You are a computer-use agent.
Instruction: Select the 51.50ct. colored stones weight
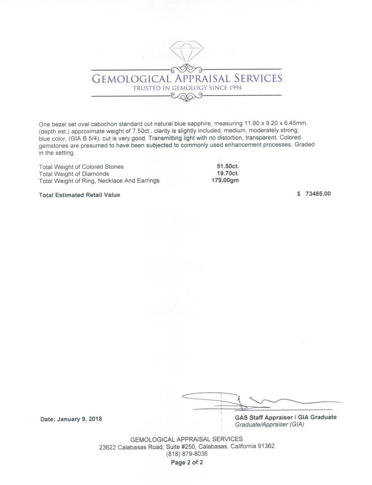tap(228, 167)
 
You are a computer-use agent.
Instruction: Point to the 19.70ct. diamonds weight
tap(228, 174)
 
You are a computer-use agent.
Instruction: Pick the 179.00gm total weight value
tap(225, 181)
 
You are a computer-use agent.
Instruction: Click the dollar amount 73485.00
tap(318, 194)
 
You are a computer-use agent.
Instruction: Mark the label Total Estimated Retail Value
tap(79, 195)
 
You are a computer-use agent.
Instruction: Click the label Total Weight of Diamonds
tap(74, 174)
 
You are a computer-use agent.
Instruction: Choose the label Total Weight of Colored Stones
tap(81, 167)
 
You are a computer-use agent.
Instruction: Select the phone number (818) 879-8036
tap(187, 454)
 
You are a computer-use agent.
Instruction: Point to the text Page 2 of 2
tap(187, 462)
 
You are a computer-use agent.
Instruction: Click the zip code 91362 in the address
tap(265, 446)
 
